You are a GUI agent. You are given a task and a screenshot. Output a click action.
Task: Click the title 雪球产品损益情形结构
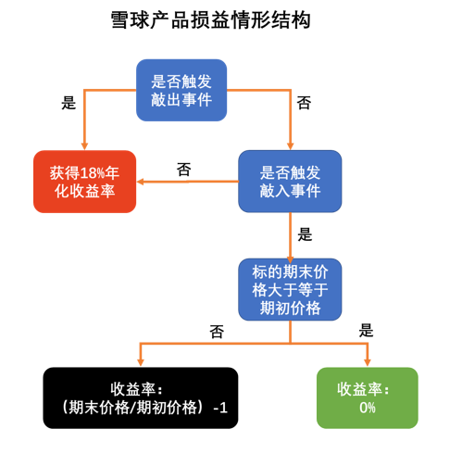coord(211,20)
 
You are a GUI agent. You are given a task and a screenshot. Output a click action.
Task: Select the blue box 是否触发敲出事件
coord(181,90)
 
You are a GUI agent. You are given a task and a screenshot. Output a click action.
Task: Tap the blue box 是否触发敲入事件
coord(290,182)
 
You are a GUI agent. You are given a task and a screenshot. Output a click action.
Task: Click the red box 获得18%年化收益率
coord(84,182)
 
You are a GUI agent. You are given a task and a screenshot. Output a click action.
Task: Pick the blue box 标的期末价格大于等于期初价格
coord(290,289)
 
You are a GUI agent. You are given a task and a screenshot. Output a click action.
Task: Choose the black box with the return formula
coord(141,397)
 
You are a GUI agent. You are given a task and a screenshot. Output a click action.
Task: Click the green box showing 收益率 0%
coord(368,397)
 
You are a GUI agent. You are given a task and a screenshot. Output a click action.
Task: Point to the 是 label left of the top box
coord(69,103)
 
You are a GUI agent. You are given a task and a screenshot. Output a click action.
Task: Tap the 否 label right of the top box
coord(304,103)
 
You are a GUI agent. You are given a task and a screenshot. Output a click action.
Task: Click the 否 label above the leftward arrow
coord(184,170)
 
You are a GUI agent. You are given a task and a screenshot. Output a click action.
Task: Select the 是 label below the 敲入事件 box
coord(305,234)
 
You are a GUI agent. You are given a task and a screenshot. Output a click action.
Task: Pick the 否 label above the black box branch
coord(217,332)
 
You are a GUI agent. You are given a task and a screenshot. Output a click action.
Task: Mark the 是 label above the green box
coord(367,331)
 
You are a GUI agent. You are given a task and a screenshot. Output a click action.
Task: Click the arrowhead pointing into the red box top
coord(84,146)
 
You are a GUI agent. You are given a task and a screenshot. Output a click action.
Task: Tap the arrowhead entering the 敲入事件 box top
coord(290,146)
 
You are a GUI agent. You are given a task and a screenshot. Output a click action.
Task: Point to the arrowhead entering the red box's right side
coord(140,182)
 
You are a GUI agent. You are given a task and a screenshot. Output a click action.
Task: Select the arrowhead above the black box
coord(141,363)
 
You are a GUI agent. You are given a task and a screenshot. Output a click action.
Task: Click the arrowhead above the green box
coord(368,363)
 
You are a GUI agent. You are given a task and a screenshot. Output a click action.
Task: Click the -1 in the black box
coord(220,408)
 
